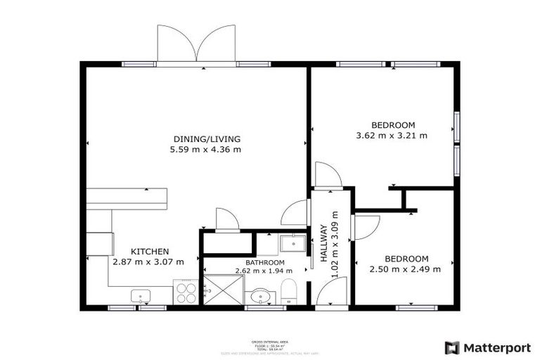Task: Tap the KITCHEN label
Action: coord(149,251)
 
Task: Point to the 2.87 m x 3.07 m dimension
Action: coord(149,262)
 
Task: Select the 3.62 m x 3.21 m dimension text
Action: coord(392,135)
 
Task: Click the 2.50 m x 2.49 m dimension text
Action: coord(406,269)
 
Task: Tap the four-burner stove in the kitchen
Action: coord(186,292)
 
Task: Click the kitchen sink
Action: coord(141,297)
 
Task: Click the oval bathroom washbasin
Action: coord(260,296)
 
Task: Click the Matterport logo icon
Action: coord(452,347)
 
